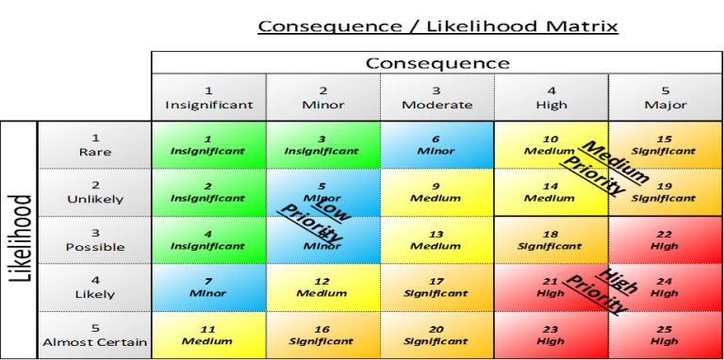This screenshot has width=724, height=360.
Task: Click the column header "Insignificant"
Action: (x=208, y=97)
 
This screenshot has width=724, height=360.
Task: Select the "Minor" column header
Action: (x=322, y=97)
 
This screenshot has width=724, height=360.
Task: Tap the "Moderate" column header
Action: (x=436, y=97)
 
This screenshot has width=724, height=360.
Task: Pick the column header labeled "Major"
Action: (x=665, y=97)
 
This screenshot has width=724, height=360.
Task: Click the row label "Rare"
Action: (x=94, y=144)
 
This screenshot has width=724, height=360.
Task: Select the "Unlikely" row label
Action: (x=94, y=192)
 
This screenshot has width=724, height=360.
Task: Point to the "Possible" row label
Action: (x=94, y=240)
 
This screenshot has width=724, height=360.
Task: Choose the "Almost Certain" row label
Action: (x=94, y=335)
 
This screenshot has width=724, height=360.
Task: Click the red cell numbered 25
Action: (x=665, y=335)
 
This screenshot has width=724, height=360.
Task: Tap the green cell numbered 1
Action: (x=208, y=144)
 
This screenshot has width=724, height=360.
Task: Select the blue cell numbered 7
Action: (x=208, y=287)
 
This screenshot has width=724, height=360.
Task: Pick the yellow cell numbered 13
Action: (x=436, y=240)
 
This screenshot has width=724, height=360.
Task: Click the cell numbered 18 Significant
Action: (x=551, y=240)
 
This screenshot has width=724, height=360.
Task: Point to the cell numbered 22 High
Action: (x=665, y=240)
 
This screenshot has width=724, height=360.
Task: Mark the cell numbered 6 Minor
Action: (x=436, y=144)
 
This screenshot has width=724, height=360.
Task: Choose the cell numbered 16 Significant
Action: (x=322, y=335)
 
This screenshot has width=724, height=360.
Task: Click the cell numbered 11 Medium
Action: (x=208, y=335)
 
